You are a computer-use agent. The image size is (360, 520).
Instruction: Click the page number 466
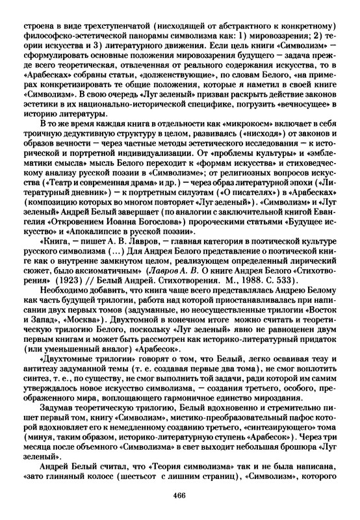pos(180,497)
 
